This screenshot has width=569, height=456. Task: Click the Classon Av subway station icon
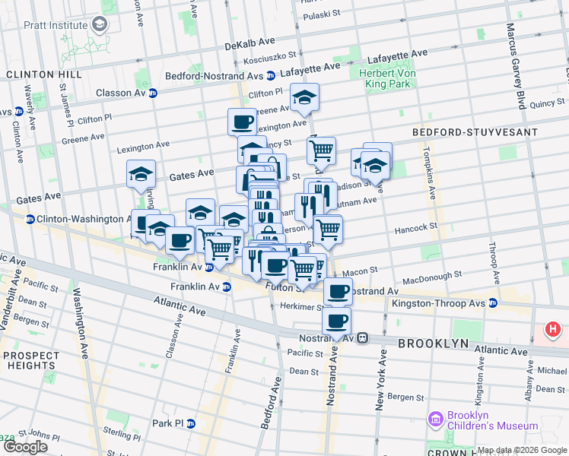[x=153, y=93]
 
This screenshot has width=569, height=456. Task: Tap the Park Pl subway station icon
[x=191, y=423]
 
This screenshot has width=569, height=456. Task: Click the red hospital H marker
[x=553, y=331]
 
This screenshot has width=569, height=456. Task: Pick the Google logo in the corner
[x=25, y=447]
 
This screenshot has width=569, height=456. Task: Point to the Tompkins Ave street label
[x=428, y=174]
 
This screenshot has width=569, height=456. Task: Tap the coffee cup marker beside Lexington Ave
[x=243, y=122]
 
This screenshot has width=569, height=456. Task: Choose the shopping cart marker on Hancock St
[x=327, y=229]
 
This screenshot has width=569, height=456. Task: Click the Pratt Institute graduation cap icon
[x=100, y=25]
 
